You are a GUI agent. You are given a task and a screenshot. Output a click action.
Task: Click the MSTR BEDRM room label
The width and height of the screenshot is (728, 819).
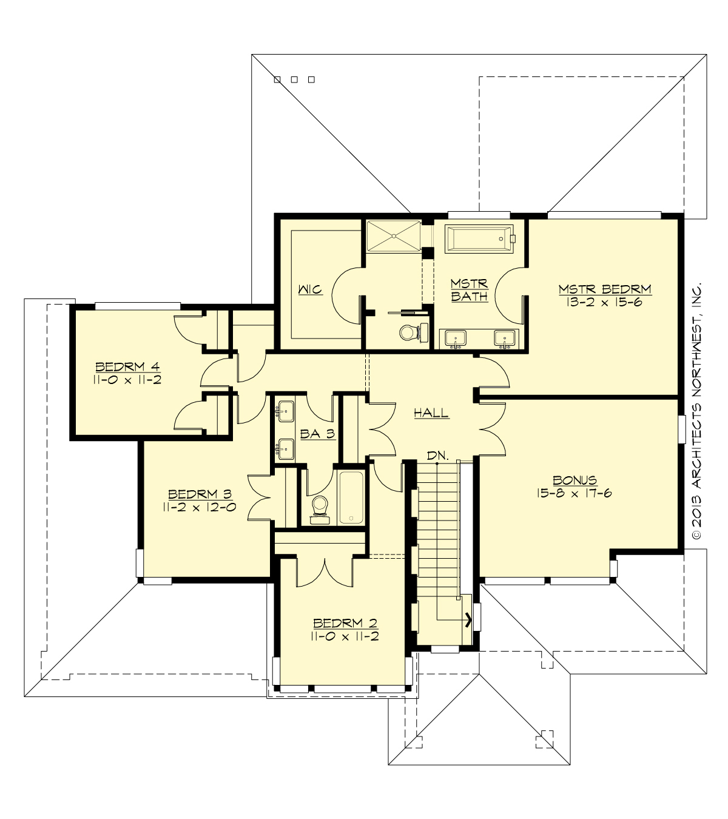click(x=604, y=289)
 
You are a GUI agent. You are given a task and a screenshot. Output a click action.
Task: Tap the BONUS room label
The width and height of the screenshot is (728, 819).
click(x=575, y=480)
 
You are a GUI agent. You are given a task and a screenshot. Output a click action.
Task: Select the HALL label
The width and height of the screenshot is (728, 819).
click(x=431, y=413)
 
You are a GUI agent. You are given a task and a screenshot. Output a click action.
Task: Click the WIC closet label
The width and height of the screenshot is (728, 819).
click(x=309, y=289)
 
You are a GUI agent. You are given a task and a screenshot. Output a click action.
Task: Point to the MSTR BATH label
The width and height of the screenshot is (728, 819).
click(x=469, y=291)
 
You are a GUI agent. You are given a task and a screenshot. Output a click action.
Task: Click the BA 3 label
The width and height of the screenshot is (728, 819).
click(x=317, y=434)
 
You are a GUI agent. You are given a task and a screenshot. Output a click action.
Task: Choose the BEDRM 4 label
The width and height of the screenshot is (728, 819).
click(x=127, y=366)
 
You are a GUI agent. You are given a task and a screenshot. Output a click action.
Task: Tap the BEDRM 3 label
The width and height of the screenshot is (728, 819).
click(x=200, y=494)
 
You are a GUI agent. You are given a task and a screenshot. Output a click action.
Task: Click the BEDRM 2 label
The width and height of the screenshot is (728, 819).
click(x=345, y=623)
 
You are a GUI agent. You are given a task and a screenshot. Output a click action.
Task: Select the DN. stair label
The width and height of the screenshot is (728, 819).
click(x=437, y=456)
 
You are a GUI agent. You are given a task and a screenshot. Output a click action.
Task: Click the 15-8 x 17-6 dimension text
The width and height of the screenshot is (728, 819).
click(x=574, y=493)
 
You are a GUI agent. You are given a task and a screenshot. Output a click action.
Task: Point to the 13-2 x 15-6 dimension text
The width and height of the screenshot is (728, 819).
click(x=604, y=302)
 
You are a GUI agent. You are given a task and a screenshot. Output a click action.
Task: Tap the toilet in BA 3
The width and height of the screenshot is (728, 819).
click(x=320, y=508)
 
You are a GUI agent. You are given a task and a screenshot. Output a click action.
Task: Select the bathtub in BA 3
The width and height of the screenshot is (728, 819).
click(x=351, y=497)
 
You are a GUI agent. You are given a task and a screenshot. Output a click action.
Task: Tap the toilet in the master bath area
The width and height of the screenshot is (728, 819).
click(x=409, y=332)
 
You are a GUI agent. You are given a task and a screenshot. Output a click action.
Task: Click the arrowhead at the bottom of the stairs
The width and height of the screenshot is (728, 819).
click(x=468, y=619)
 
